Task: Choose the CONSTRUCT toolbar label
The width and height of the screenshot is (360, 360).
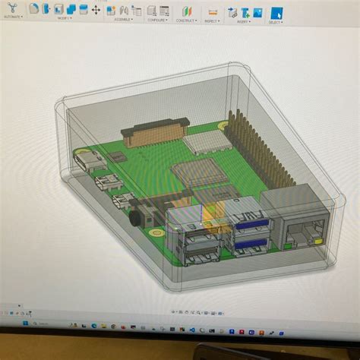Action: click(188, 21)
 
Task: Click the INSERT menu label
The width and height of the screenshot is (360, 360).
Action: click(244, 21)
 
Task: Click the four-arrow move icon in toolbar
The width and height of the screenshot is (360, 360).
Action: click(96, 11)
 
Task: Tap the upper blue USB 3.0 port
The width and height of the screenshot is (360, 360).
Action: click(248, 225)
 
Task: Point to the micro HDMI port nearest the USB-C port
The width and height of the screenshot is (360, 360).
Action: click(103, 183)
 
